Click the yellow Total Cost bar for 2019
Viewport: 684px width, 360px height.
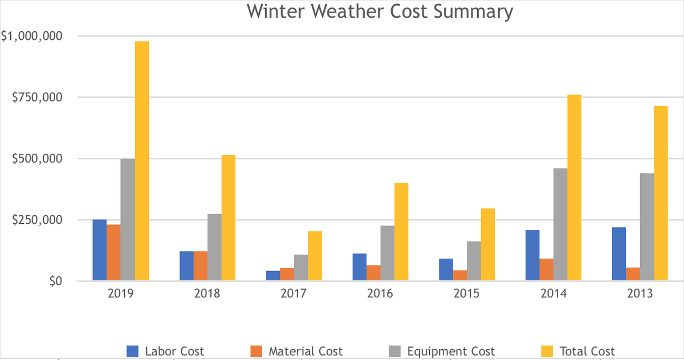[x=142, y=161]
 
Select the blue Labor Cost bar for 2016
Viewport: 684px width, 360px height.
[x=359, y=267]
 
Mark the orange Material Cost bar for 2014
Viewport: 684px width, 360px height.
[x=546, y=269]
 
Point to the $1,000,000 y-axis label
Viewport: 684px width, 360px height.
[x=32, y=35]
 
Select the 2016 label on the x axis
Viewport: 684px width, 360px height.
[x=380, y=294]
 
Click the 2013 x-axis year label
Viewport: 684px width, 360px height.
[x=639, y=294]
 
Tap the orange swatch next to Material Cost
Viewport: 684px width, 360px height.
[x=256, y=351]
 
